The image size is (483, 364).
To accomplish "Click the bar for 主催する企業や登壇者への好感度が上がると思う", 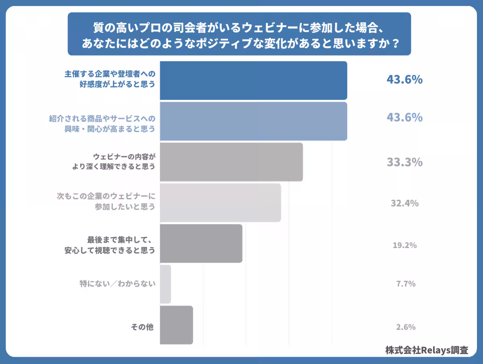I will tap(253, 81).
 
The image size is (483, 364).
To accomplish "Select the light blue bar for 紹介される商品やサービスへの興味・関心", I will tap(253, 121).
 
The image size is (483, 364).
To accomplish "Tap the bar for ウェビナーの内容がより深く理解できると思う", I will tap(231, 162).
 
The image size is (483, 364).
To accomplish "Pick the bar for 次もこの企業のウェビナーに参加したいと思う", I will tap(220, 203).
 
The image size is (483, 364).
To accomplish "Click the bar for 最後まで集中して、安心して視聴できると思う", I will tap(201, 244).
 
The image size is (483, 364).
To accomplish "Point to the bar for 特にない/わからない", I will tap(165, 284).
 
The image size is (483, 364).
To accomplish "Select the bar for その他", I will tap(176, 325).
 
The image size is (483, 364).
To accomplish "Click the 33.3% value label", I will tap(405, 162).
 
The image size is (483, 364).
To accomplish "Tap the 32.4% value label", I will tap(405, 203).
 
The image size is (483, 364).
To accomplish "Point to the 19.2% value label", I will tap(405, 245).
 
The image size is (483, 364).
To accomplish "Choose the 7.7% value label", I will tap(406, 284).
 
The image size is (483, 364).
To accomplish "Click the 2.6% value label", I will tap(406, 327).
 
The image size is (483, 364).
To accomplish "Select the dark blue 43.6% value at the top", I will tap(405, 80).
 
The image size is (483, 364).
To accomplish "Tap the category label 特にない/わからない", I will tap(117, 284).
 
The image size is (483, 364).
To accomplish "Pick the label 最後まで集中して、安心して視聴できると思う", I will tap(110, 245).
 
